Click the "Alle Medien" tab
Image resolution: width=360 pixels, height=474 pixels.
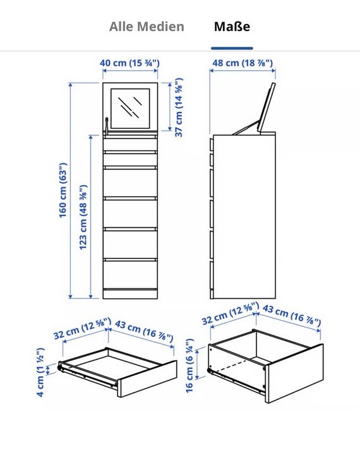click(147, 27)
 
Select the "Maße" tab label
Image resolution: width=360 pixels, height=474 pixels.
click(232, 27)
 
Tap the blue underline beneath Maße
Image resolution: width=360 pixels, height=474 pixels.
click(232, 48)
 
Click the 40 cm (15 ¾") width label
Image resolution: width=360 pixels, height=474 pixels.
click(130, 63)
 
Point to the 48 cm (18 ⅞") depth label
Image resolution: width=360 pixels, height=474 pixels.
click(243, 63)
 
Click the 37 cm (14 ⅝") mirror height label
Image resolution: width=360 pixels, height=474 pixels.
click(179, 107)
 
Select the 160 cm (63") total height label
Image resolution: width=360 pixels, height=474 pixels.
click(63, 190)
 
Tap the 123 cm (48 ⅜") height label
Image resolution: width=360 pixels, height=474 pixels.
click(83, 217)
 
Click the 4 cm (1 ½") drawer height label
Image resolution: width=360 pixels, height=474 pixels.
click(40, 372)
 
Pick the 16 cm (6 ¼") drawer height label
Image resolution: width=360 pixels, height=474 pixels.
click(189, 366)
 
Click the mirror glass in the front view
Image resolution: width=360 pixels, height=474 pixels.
click(130, 108)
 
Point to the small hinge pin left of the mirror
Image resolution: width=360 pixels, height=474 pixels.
click(106, 126)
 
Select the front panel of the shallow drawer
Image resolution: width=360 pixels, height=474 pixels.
click(147, 379)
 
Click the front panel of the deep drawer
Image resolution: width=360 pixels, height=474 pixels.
click(294, 374)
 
